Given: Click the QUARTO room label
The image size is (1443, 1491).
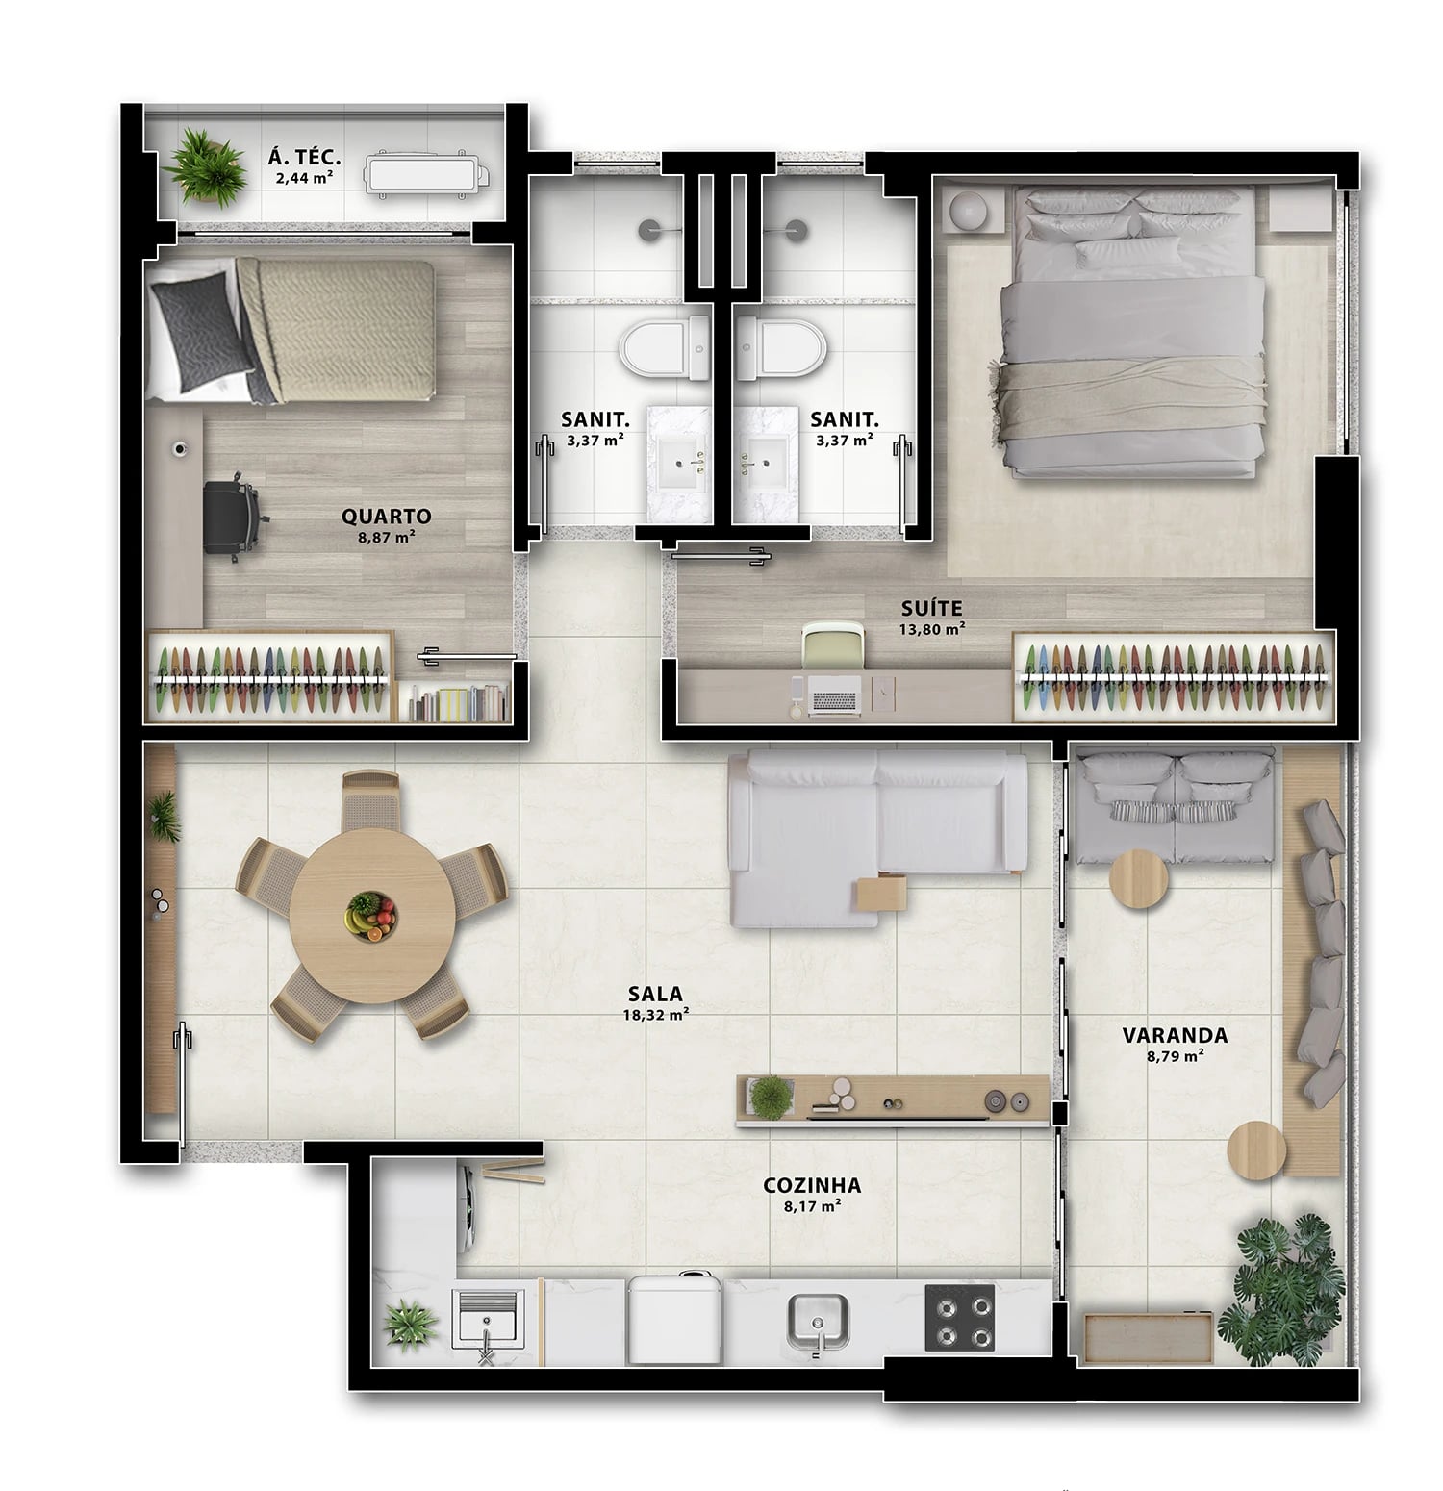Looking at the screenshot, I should click(x=386, y=517).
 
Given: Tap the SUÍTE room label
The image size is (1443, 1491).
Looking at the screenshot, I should click(x=931, y=608).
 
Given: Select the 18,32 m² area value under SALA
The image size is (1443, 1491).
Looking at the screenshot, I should click(x=655, y=1014).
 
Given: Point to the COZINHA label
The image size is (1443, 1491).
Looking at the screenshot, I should click(x=812, y=1185).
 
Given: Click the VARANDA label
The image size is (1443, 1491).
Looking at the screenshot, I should click(x=1175, y=1035).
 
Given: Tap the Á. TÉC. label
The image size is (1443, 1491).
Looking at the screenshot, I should click(x=305, y=157).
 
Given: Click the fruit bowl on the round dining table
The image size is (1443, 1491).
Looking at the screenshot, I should click(x=370, y=915).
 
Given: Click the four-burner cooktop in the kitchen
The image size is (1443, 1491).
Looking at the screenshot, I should click(x=959, y=1317).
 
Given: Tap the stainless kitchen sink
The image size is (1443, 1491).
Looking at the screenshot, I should click(x=817, y=1321).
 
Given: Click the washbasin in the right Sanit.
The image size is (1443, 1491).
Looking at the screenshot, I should click(x=766, y=464).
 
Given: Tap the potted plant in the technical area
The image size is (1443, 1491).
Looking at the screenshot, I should click(x=204, y=165).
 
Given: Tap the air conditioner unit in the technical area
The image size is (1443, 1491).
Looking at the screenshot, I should click(x=425, y=174).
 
